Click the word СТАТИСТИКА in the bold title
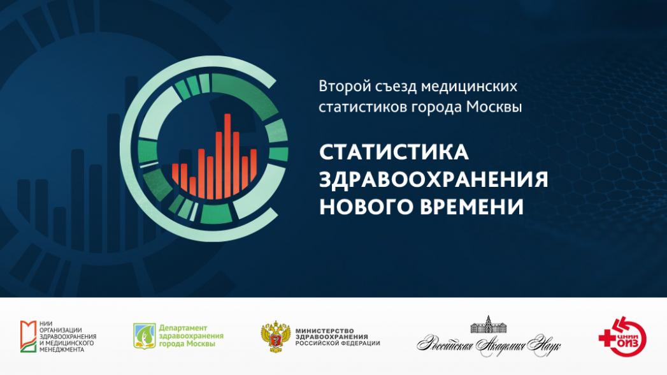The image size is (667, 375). [394, 152]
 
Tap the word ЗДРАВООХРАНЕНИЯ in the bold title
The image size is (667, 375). [433, 179]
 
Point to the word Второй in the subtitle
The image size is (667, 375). [345, 87]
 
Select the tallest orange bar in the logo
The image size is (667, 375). [227, 156]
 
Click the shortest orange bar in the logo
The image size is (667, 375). [192, 186]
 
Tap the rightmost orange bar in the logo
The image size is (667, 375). [254, 165]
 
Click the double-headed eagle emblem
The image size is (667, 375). [276, 337]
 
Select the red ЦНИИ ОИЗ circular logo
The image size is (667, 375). [623, 336]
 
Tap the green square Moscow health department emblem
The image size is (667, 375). [145, 336]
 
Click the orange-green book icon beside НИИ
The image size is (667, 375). [28, 336]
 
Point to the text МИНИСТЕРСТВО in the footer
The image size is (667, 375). [324, 331]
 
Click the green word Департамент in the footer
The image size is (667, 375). [177, 328]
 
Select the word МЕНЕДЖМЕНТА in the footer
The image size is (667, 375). [62, 349]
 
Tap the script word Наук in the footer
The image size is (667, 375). [543, 345]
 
